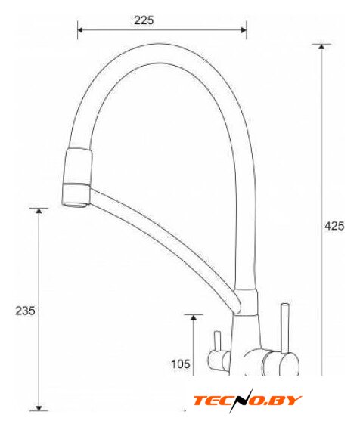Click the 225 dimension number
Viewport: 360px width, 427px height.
(144, 20)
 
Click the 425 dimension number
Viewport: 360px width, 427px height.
(334, 226)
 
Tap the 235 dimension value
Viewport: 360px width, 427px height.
(25, 311)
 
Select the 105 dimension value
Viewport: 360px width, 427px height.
(181, 364)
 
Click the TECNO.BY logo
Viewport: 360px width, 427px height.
(247, 401)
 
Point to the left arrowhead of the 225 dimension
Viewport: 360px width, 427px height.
(80, 30)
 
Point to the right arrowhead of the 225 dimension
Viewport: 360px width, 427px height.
(244, 30)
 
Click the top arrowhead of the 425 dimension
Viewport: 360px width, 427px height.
(321, 46)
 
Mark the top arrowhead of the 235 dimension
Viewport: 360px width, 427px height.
(39, 211)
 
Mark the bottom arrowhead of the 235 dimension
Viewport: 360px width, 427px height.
(39, 408)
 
